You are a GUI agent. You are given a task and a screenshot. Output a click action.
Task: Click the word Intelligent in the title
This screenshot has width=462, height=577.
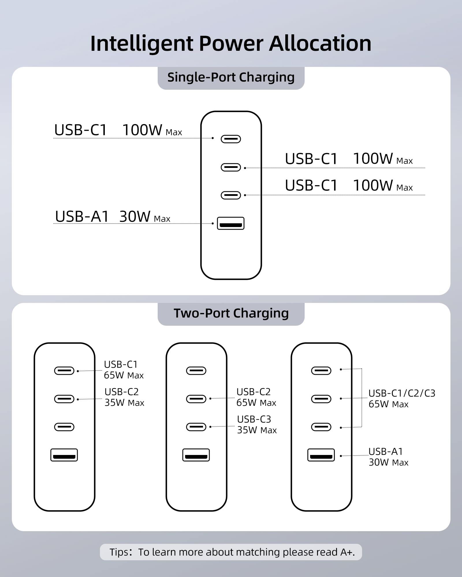(141, 44)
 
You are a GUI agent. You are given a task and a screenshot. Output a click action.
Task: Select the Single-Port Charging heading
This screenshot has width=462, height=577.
(231, 77)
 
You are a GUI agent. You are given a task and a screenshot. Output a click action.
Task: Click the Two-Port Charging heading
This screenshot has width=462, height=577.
(231, 313)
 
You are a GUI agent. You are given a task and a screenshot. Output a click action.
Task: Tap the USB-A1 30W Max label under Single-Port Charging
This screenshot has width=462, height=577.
(113, 217)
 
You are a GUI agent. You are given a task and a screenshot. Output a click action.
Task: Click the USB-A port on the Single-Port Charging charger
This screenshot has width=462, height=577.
(231, 223)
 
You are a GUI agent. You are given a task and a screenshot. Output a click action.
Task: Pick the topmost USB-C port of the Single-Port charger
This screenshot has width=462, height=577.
(231, 139)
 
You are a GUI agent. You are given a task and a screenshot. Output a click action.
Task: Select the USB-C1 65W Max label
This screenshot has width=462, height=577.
(124, 370)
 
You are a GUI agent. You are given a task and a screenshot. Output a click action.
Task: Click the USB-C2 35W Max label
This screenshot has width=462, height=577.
(124, 397)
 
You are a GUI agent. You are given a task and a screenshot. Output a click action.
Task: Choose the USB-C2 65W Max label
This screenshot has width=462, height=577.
(256, 397)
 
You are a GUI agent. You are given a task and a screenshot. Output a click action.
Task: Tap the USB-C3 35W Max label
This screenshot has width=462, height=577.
(257, 425)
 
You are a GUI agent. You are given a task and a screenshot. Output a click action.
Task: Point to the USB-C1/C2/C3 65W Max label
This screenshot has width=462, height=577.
(401, 398)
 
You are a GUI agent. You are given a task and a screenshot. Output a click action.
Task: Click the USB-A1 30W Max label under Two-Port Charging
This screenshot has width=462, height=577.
(388, 457)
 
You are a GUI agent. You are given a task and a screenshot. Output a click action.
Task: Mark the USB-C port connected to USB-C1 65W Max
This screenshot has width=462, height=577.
(64, 371)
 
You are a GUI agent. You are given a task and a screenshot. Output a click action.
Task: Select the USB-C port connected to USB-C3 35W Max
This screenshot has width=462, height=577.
(196, 427)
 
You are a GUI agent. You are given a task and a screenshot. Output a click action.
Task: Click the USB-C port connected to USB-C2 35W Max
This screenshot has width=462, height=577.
(64, 399)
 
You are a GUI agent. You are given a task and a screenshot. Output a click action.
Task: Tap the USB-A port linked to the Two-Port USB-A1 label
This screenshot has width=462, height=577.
(321, 455)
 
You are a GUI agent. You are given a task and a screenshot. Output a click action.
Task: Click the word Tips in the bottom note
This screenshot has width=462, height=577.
(119, 552)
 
